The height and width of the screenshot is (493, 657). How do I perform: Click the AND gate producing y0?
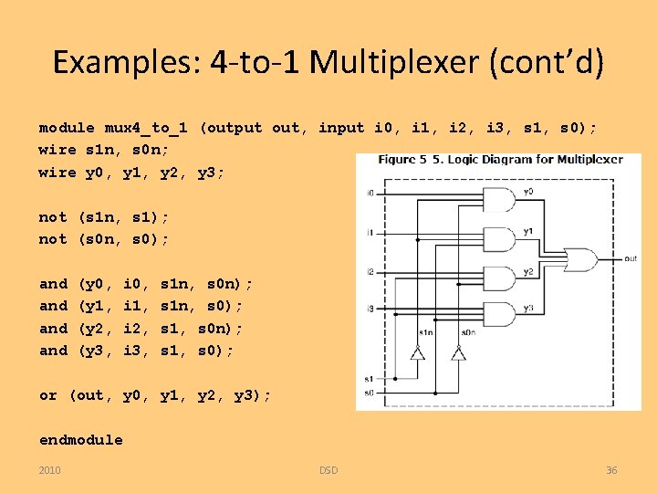505,200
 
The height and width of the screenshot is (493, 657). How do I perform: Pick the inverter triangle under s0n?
458,354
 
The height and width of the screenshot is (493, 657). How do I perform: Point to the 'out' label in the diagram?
630,258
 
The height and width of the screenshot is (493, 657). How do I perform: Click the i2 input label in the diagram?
370,271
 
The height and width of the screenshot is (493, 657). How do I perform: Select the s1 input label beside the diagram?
368,377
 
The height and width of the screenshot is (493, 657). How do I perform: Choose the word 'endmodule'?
80,440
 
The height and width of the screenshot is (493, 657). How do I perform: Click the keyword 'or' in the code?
47,395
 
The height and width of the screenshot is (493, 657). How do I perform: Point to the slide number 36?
611,470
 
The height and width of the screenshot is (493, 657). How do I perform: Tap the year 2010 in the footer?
50,470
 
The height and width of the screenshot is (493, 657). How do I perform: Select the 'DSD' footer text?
328,470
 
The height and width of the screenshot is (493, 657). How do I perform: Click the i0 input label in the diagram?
370,193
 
